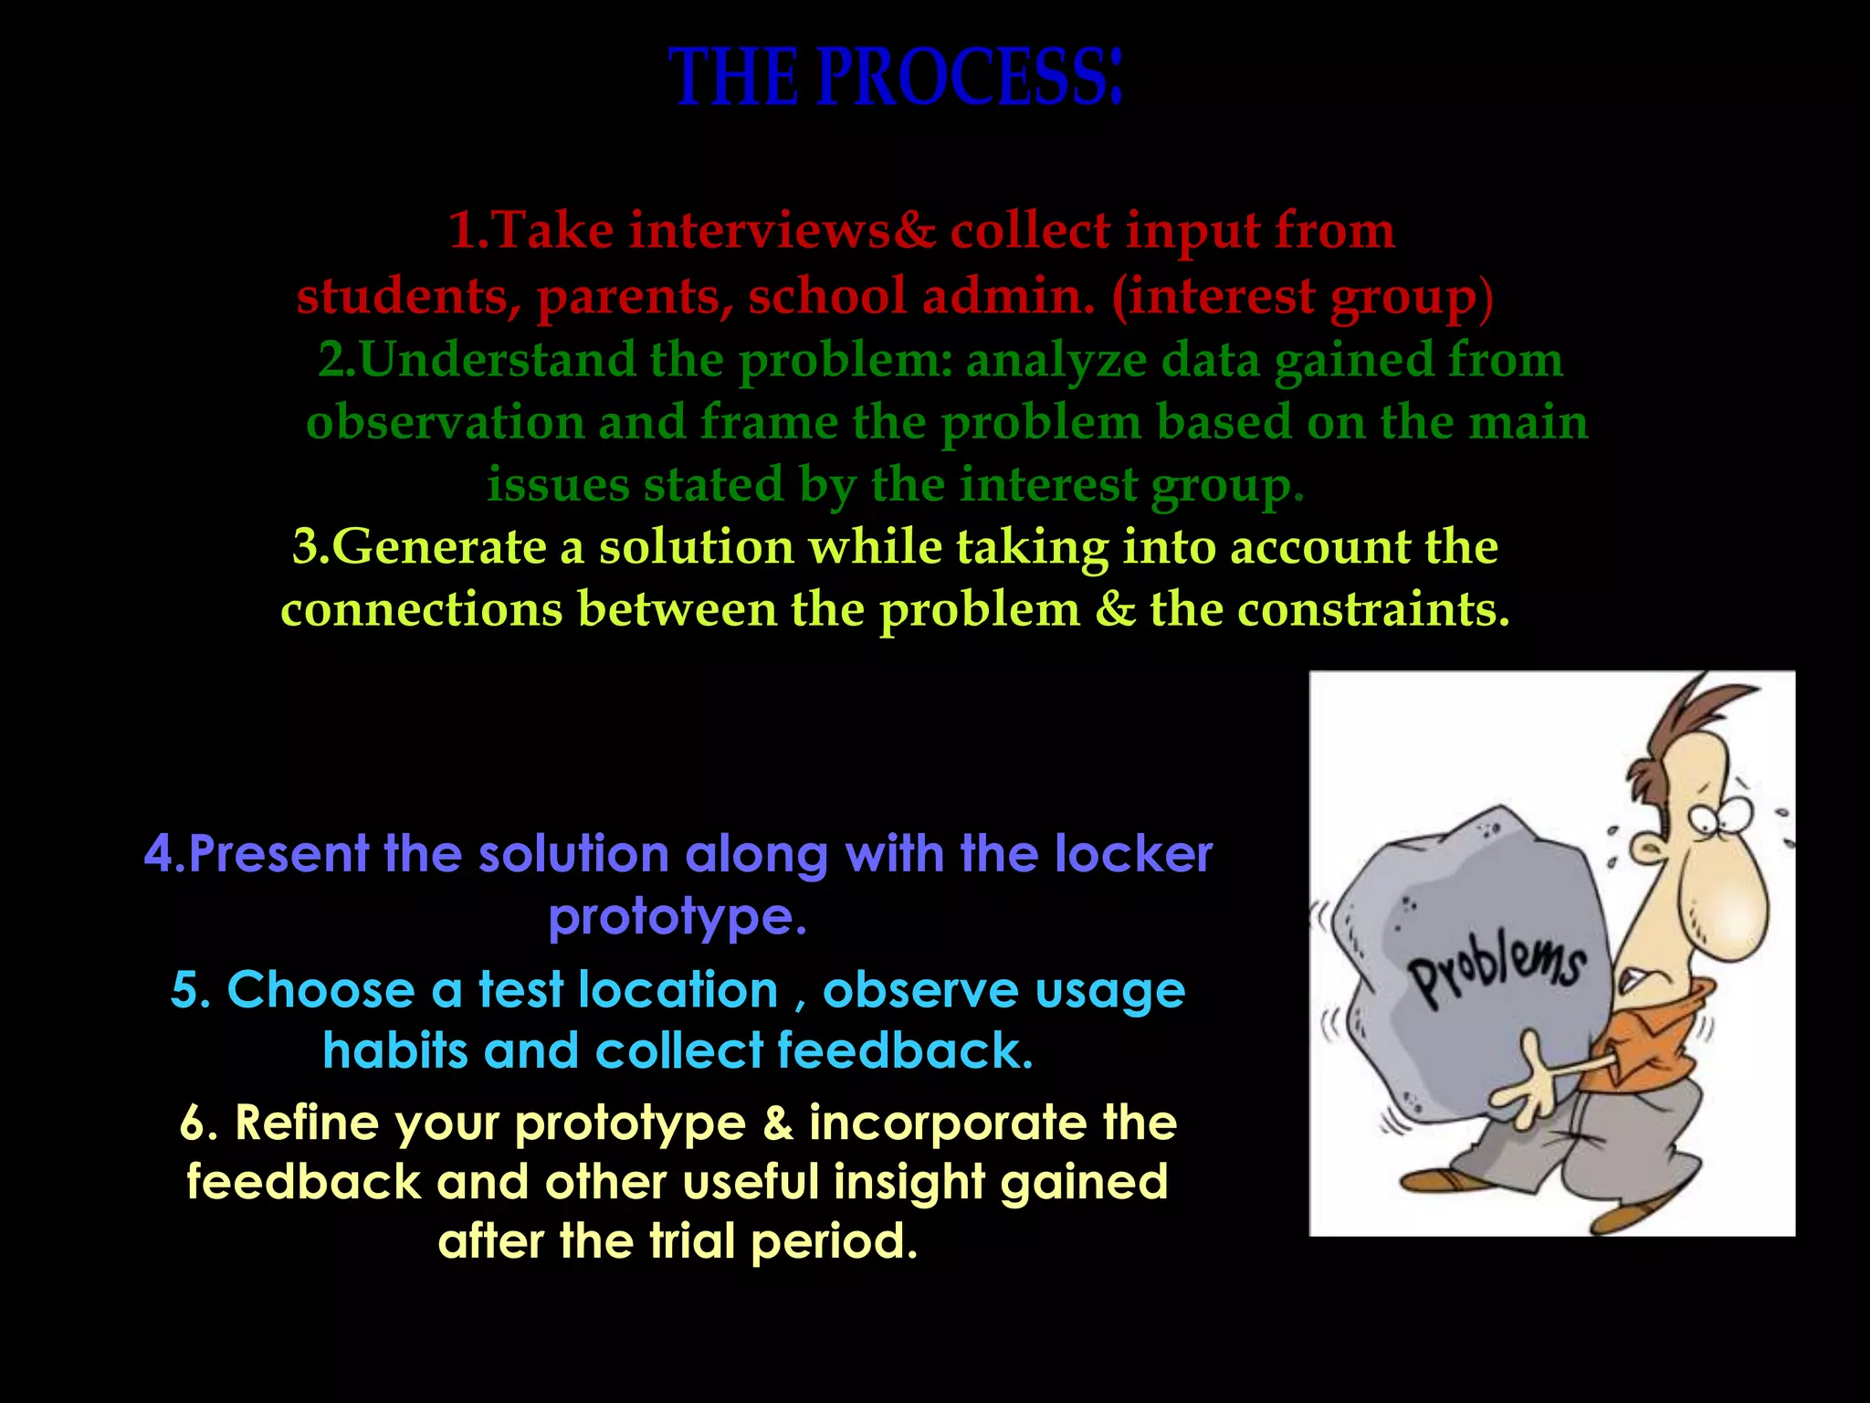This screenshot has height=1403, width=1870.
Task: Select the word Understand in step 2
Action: point(498,360)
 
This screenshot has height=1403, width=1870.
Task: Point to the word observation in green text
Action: point(445,423)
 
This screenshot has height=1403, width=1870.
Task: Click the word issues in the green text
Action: point(557,484)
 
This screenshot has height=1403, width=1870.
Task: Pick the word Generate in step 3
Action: point(437,547)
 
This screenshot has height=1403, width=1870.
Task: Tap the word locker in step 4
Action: point(1133,854)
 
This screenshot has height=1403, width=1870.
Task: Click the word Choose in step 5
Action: point(320,990)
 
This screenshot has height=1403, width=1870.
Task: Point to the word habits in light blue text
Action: point(395,1050)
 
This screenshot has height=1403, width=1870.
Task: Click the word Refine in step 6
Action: point(306,1123)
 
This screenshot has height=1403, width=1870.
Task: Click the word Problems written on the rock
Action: point(1497,973)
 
